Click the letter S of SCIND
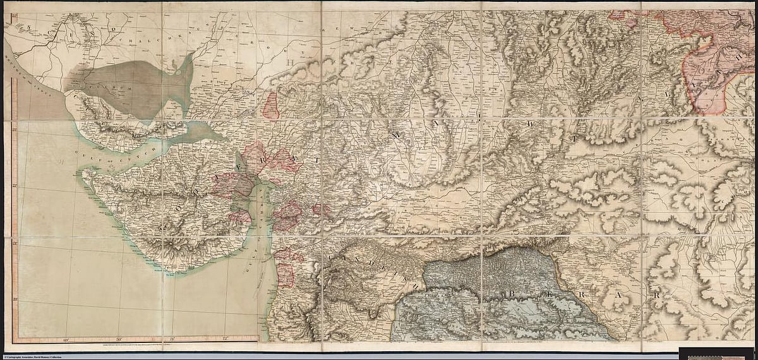tap(29, 27)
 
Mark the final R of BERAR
tap(657, 295)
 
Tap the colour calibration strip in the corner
tap(716, 354)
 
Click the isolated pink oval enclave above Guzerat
tap(272, 105)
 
